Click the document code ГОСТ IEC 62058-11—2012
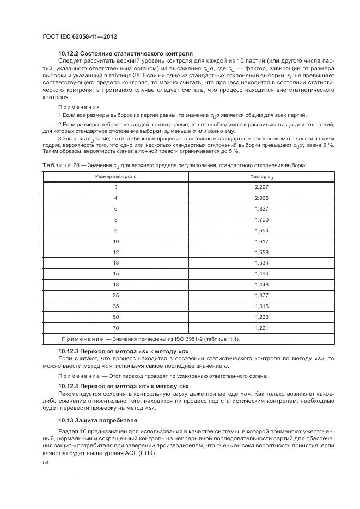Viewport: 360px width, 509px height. [80, 36]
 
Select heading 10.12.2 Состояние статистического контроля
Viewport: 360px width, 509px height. [125, 54]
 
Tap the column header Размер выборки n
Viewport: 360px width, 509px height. [116, 177]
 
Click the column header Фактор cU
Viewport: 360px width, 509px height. [262, 177]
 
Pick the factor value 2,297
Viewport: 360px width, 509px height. [262, 187]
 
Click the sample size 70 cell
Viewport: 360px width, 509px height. [116, 328]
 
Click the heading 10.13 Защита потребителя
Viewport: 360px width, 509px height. [98, 421]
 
